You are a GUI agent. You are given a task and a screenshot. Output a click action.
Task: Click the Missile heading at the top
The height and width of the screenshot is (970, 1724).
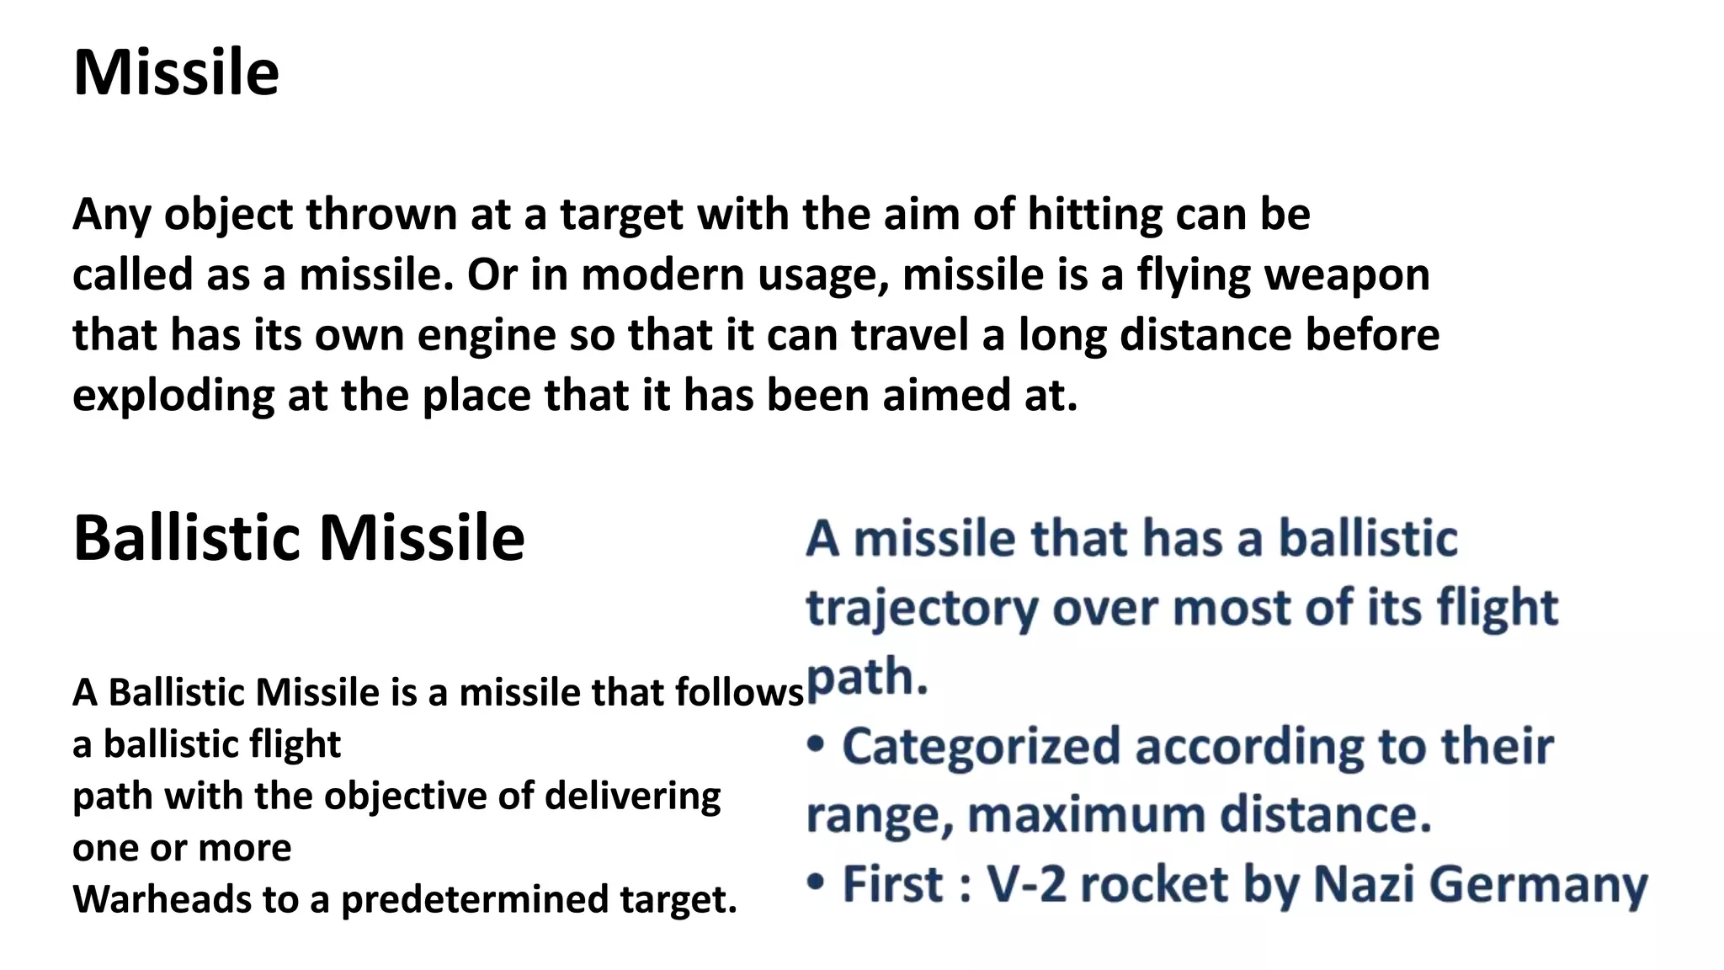(x=176, y=73)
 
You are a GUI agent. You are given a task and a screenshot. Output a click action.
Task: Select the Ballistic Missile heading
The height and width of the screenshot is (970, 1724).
(x=299, y=538)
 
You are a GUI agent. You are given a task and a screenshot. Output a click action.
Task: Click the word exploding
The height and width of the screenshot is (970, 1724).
(x=173, y=396)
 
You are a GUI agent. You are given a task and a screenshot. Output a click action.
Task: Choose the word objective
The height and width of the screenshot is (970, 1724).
(x=405, y=797)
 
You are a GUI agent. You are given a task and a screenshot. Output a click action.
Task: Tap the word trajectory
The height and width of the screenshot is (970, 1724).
(x=922, y=608)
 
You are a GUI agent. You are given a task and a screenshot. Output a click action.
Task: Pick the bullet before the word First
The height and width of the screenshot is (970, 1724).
(x=816, y=882)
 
